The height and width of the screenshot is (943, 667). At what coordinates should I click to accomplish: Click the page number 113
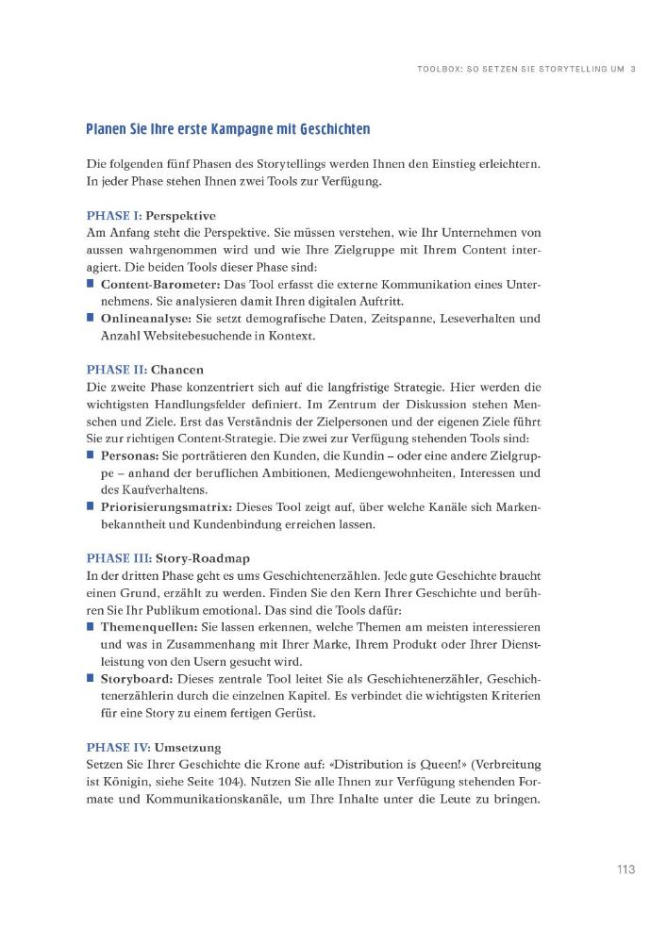pyautogui.click(x=619, y=869)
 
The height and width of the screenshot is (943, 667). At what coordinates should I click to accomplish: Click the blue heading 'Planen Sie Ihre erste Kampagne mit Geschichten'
pyautogui.click(x=227, y=128)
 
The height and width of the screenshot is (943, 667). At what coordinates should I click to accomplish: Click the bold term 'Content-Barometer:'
pyautogui.click(x=158, y=284)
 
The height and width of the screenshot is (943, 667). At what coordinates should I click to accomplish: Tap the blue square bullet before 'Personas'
pyautogui.click(x=91, y=455)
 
